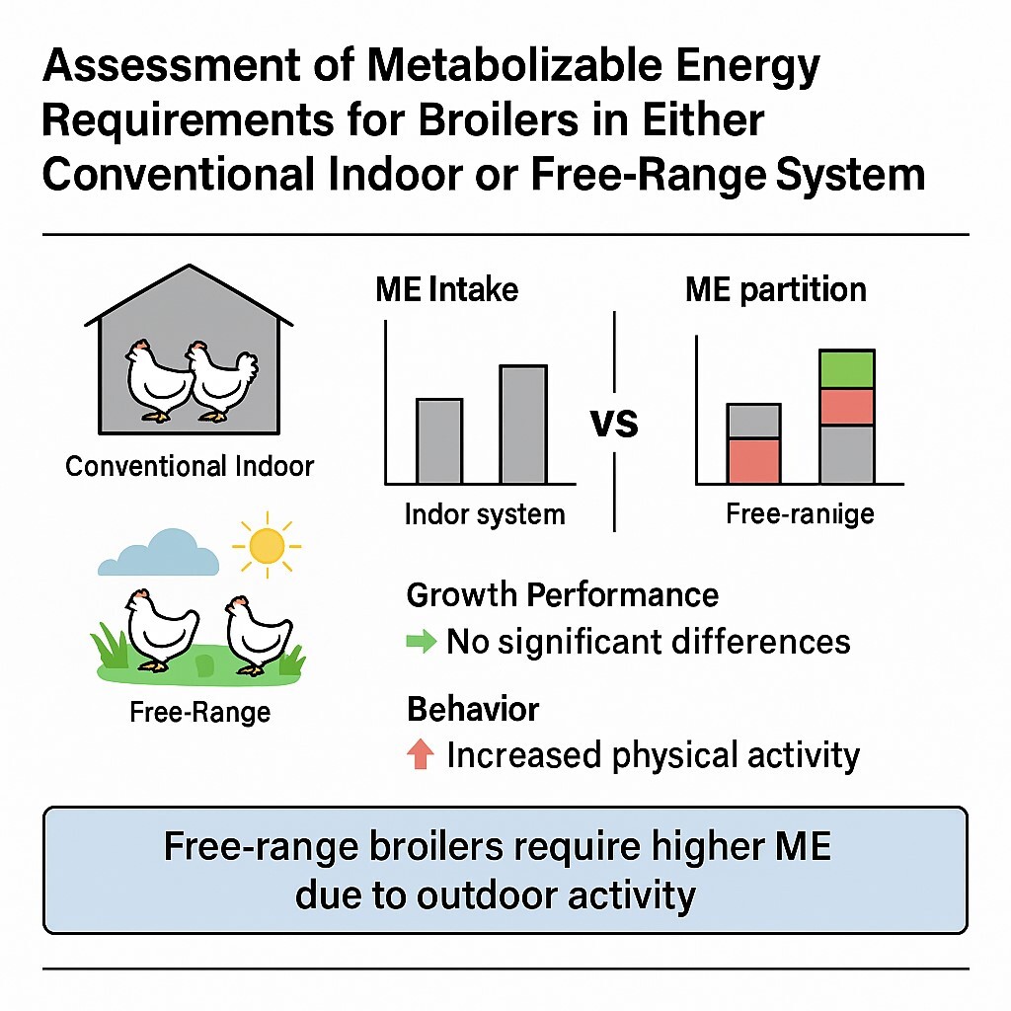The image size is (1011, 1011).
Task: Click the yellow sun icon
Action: pyautogui.click(x=267, y=545)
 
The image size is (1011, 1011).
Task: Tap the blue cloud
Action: pyautogui.click(x=157, y=555)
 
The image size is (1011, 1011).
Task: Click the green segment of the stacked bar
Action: pyautogui.click(x=846, y=369)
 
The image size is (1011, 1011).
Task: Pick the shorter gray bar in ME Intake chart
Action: pyautogui.click(x=438, y=440)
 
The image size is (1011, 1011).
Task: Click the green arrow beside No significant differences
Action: pyautogui.click(x=422, y=642)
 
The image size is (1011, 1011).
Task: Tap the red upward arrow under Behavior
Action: pyautogui.click(x=422, y=755)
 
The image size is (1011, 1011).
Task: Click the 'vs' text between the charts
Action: pyautogui.click(x=614, y=425)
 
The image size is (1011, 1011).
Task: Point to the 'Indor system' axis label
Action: pyautogui.click(x=485, y=514)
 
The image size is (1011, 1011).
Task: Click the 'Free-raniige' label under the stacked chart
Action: pyautogui.click(x=799, y=514)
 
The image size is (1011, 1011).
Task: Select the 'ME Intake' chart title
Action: pyautogui.click(x=446, y=289)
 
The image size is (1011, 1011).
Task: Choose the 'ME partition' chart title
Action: pyautogui.click(x=776, y=289)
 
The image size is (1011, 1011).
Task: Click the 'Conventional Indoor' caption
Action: pyautogui.click(x=189, y=465)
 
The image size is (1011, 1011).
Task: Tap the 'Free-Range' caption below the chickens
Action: pyautogui.click(x=199, y=711)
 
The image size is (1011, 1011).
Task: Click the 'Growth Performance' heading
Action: pyautogui.click(x=562, y=595)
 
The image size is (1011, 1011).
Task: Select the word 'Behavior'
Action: pyautogui.click(x=473, y=709)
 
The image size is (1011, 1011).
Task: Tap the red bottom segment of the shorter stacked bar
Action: pyautogui.click(x=753, y=461)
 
